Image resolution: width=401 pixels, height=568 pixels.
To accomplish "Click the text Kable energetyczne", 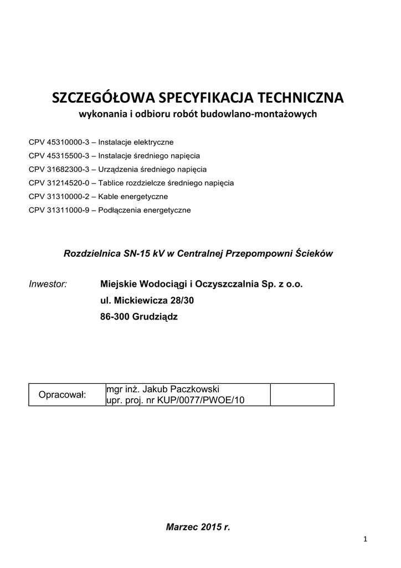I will click(133, 196).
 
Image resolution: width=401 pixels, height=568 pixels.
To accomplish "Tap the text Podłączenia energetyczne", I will click(145, 210).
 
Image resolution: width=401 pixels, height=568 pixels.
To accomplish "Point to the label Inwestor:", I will click(48, 284).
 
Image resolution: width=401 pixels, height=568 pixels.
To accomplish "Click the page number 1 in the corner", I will click(366, 539).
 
